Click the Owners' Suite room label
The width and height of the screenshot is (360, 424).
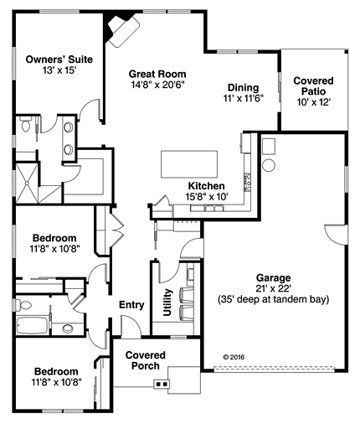(x=59, y=59)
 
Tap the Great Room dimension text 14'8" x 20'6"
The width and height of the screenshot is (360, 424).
(x=158, y=85)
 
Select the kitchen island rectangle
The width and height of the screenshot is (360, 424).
(x=189, y=164)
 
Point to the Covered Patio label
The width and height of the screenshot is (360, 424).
(x=313, y=86)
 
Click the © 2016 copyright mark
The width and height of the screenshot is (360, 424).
(x=234, y=357)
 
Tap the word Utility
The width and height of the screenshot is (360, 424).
(x=167, y=302)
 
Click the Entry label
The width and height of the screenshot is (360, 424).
(x=131, y=305)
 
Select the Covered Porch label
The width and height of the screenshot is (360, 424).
(x=146, y=360)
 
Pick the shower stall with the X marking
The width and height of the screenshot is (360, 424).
(x=27, y=183)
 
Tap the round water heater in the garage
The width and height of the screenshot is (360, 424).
(x=270, y=165)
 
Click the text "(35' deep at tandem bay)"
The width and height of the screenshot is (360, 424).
(x=273, y=299)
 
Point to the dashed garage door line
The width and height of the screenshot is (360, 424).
(x=274, y=369)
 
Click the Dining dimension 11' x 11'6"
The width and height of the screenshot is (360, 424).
(x=244, y=98)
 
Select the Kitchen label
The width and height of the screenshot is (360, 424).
(x=206, y=186)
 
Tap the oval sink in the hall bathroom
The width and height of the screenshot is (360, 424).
(x=68, y=328)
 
